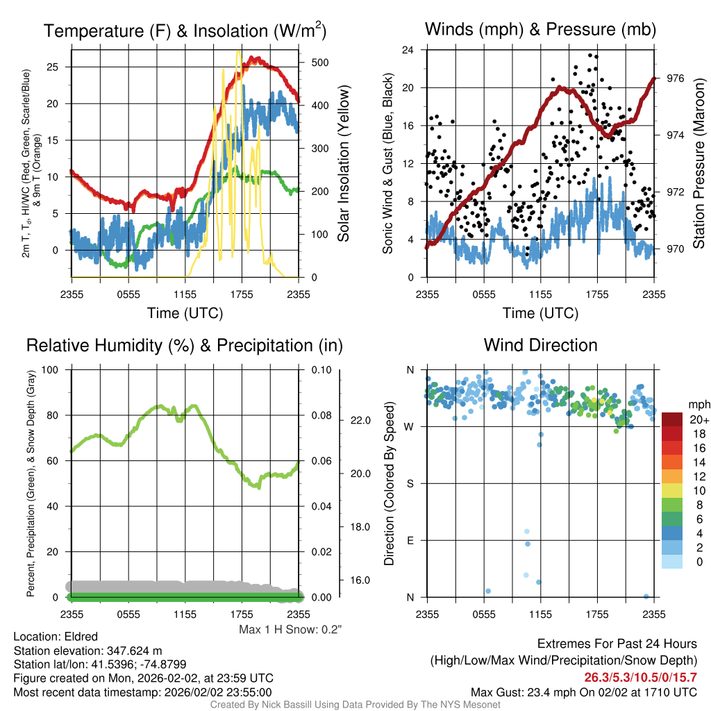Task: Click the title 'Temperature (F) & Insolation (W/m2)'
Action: [185, 31]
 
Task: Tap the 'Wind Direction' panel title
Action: [540, 345]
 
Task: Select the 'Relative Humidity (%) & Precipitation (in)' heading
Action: [185, 346]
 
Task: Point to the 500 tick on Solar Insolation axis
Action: [319, 62]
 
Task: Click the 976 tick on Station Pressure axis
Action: [675, 78]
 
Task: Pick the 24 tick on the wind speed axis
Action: [408, 50]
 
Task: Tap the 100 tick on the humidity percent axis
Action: [50, 370]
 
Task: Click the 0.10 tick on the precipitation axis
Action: [321, 370]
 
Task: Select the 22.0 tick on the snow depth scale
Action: [360, 420]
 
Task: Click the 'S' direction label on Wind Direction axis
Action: [410, 484]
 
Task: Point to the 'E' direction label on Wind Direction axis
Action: [410, 540]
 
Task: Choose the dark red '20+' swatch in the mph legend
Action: [672, 419]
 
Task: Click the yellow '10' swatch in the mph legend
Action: [672, 491]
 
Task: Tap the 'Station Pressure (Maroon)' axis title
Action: [699, 163]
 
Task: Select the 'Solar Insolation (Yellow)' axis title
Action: [343, 163]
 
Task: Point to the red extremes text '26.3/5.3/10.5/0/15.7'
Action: [640, 678]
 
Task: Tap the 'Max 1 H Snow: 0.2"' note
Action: [290, 629]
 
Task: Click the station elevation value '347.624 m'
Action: [134, 651]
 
